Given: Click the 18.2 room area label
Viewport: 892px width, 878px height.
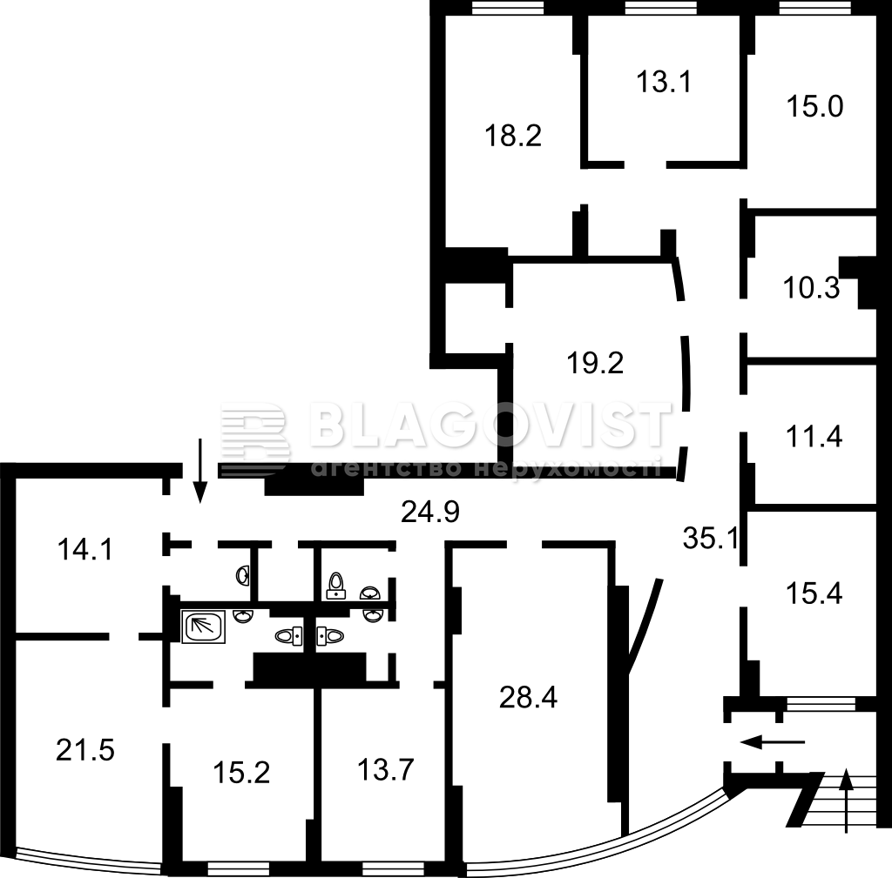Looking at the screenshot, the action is tap(512, 137).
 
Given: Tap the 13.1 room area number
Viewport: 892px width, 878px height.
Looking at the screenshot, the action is tap(663, 82).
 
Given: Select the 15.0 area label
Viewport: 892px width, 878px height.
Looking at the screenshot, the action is tap(814, 106).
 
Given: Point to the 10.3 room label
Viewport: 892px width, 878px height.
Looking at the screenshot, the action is tap(811, 288).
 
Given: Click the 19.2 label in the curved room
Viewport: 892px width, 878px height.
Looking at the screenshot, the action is tap(595, 363).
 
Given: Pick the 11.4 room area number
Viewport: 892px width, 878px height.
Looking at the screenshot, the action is tap(814, 437).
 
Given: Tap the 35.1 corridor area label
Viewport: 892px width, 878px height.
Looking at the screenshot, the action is tap(711, 538).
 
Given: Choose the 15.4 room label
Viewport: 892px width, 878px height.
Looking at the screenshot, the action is tap(814, 593).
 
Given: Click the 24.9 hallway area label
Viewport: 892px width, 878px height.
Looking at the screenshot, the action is tap(430, 512).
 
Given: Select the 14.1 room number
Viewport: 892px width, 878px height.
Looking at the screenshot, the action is tap(85, 550).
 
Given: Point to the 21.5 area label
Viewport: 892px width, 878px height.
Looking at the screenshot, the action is tap(85, 750).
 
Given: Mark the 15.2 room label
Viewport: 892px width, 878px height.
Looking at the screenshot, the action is tap(242, 773).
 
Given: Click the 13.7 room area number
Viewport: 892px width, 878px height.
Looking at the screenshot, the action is tap(386, 771).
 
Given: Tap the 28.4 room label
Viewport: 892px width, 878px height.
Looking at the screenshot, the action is tap(529, 697).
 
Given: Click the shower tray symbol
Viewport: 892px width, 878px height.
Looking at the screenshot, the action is tap(203, 627).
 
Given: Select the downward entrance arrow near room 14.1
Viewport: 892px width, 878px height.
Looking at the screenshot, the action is tap(199, 471).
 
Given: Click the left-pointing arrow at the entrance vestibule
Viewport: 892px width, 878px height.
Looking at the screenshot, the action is tap(773, 741).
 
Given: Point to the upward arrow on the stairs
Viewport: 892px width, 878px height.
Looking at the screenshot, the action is tap(846, 801).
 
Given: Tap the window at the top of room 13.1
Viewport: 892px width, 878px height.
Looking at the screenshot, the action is tap(660, 7).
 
